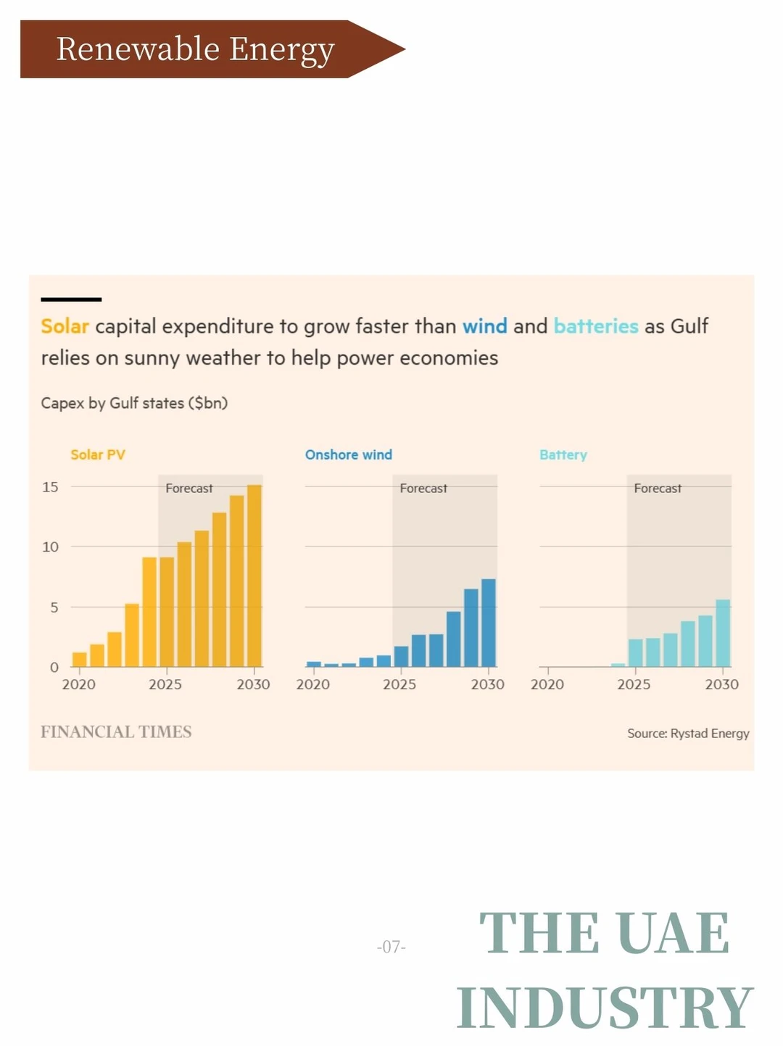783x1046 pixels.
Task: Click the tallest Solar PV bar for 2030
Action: point(254,576)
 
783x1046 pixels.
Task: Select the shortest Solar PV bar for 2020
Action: point(80,659)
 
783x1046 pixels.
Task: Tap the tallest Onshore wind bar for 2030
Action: point(489,623)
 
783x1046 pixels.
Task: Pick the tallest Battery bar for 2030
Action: point(723,633)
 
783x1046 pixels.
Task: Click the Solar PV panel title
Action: point(98,454)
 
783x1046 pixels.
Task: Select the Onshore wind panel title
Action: point(349,454)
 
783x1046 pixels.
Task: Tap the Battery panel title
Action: point(563,454)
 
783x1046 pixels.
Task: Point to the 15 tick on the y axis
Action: point(50,487)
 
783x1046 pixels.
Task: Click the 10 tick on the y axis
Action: point(50,547)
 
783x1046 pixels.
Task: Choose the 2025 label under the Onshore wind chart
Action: point(399,684)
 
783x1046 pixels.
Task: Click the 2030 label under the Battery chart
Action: point(722,684)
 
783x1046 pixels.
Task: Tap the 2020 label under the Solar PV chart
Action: point(78,684)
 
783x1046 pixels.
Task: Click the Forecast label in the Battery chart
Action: point(658,489)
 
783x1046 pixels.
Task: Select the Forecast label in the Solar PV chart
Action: point(189,489)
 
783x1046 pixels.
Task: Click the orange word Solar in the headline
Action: point(65,326)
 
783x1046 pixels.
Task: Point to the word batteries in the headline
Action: point(596,326)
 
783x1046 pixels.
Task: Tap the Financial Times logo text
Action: point(116,732)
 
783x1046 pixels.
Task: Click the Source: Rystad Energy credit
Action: point(688,734)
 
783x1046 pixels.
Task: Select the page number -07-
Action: point(391,947)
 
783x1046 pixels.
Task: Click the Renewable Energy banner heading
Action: point(196,49)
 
